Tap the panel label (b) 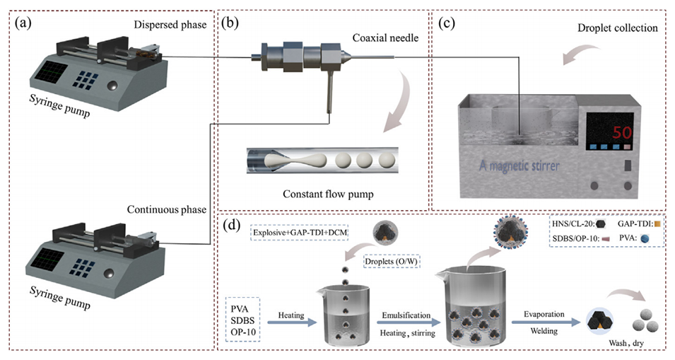[231, 23]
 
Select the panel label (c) [447, 23]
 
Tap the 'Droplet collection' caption [615, 28]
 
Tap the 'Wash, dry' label [627, 343]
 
